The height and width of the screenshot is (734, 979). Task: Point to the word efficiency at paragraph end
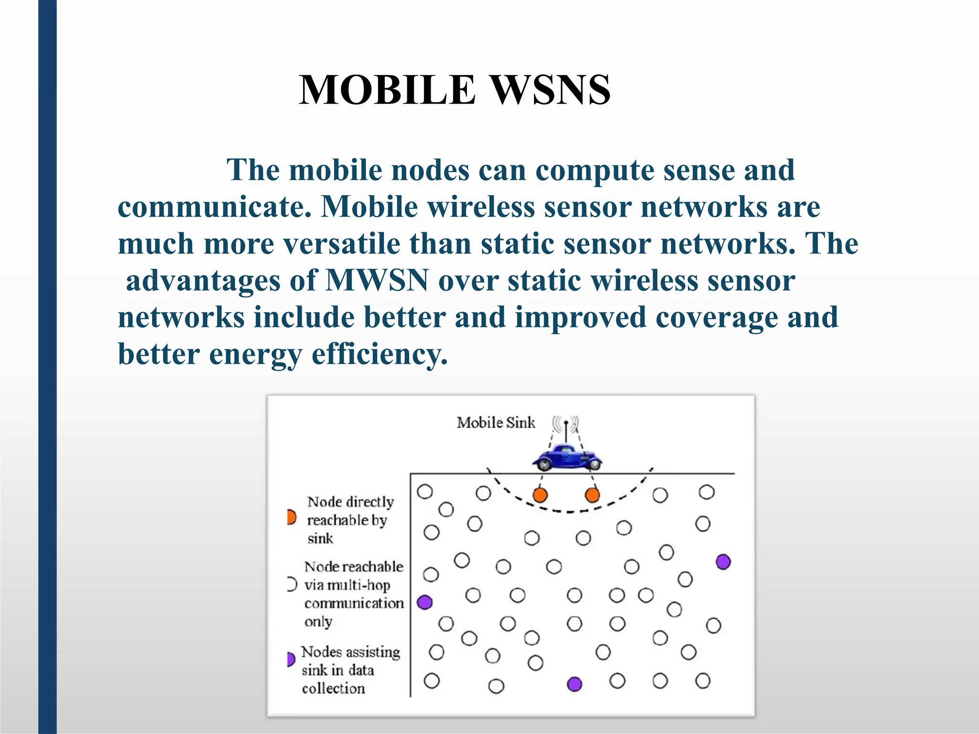380,355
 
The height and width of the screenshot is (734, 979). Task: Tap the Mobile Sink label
496,423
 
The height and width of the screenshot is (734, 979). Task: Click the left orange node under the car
540,495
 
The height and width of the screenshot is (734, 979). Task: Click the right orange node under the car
592,495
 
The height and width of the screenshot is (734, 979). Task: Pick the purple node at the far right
723,562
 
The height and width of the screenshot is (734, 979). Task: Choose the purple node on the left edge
425,602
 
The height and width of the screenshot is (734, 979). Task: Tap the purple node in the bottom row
574,684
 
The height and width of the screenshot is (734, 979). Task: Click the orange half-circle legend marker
291,517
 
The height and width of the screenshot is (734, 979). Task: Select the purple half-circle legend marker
291,659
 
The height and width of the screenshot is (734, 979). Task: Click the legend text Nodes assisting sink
350,652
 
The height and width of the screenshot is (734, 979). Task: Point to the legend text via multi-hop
348,585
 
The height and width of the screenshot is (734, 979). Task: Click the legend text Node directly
350,502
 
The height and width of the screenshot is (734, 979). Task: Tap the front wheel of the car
543,463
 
